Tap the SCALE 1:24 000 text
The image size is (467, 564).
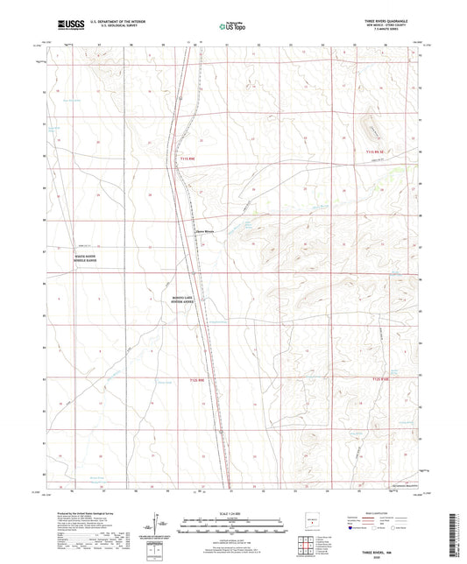[232, 512]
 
